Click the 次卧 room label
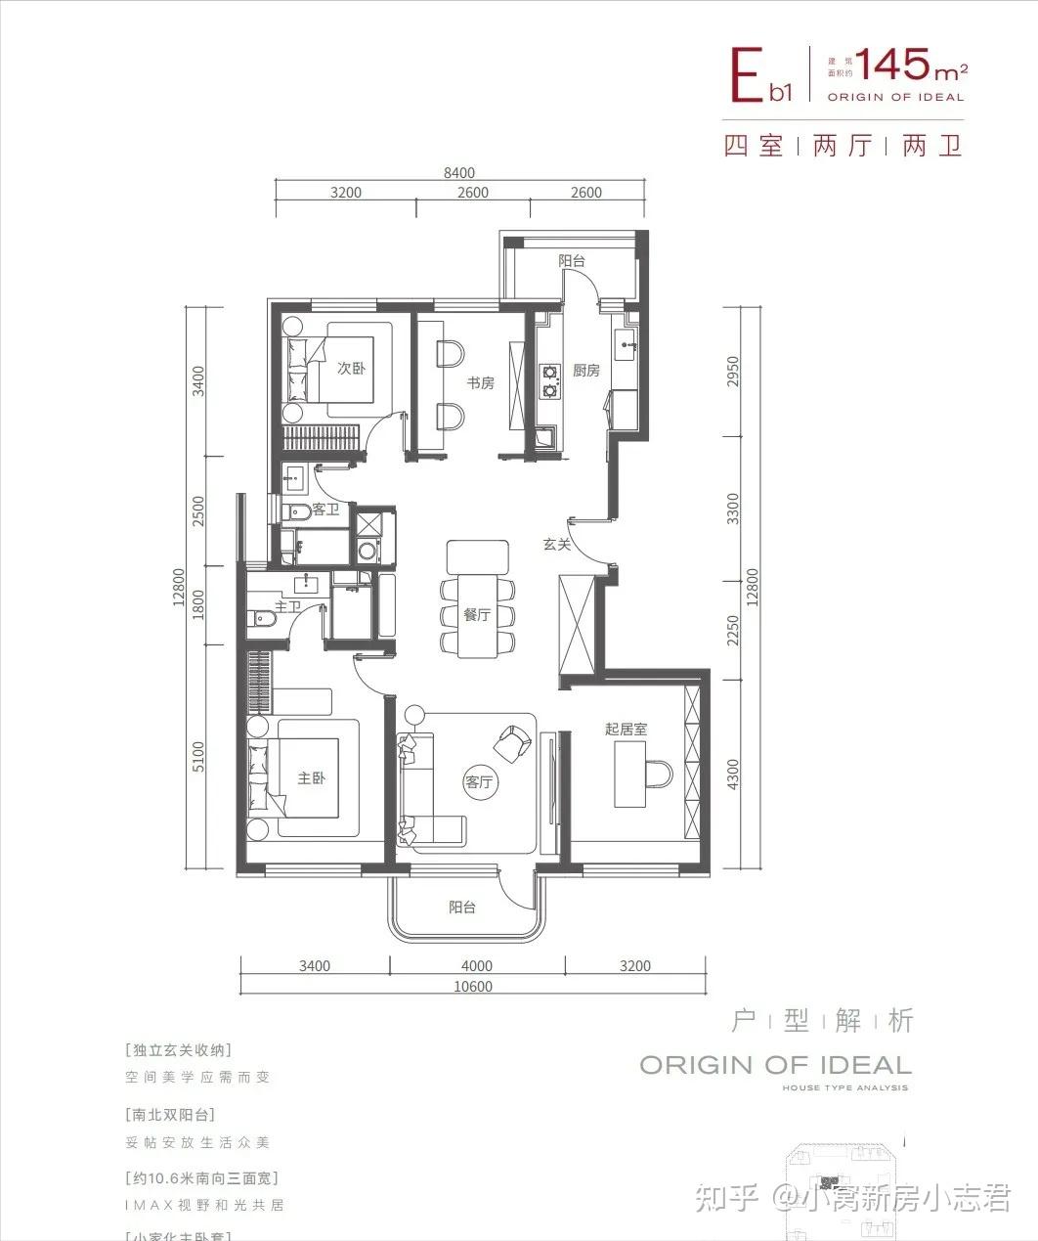point(351,369)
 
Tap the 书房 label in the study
point(479,383)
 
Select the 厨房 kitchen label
point(585,371)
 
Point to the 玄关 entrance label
point(557,544)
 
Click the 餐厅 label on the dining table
point(477,615)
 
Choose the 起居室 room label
point(626,729)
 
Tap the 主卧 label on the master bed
point(311,779)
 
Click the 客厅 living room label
point(478,782)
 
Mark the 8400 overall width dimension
point(458,173)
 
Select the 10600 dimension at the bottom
point(473,987)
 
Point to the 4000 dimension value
point(477,966)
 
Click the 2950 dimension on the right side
point(734,372)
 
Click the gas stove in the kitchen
point(550,381)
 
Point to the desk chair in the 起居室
point(658,775)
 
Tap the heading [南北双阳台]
point(170,1114)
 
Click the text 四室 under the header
point(754,147)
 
